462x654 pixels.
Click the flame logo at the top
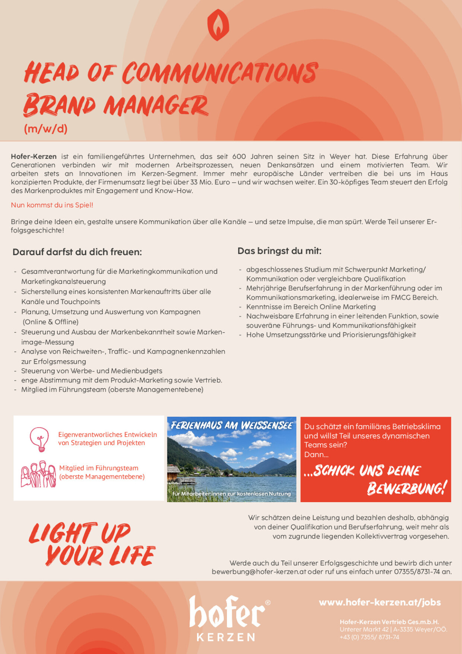[x=218, y=25]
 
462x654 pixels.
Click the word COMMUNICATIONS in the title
[x=220, y=73]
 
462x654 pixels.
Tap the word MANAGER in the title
[x=156, y=106]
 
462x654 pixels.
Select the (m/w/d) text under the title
[x=45, y=129]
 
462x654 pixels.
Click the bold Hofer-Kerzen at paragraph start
[x=34, y=157]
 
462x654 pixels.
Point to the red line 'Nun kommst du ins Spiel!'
[x=52, y=205]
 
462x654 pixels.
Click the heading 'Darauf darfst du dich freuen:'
[x=77, y=252]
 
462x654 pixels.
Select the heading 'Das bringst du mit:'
[x=279, y=251]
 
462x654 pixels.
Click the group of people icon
[x=38, y=474]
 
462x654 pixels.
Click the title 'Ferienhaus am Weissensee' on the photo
[x=232, y=426]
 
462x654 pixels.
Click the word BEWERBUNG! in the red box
[x=407, y=488]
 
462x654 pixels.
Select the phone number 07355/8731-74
[x=417, y=572]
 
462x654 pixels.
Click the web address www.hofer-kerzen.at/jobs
[x=380, y=603]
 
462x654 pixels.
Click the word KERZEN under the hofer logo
[x=226, y=637]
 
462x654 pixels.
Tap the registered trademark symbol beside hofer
[x=268, y=603]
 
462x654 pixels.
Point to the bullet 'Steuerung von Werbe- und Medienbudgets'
[x=92, y=371]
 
